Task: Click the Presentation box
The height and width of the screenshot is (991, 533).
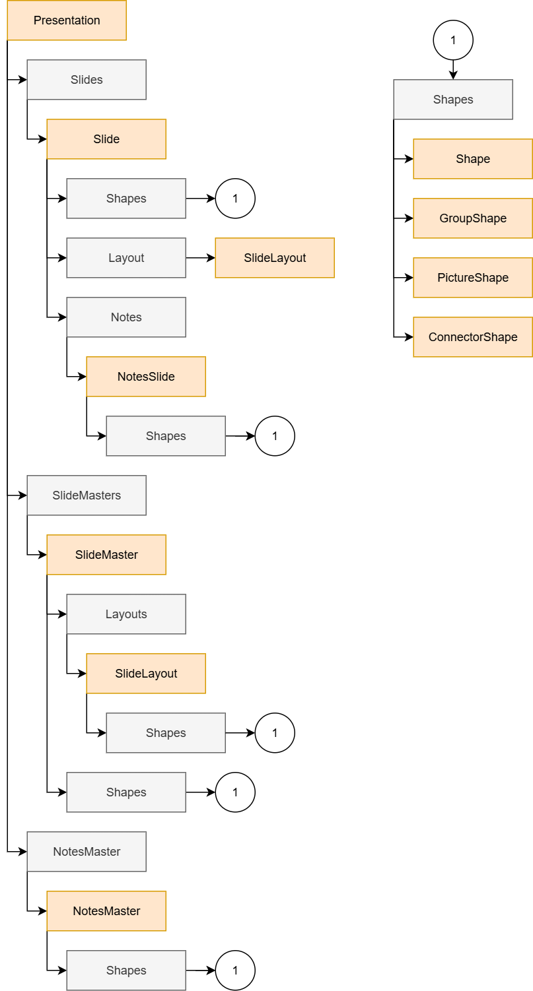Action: click(x=66, y=20)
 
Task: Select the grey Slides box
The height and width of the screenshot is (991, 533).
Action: click(x=86, y=80)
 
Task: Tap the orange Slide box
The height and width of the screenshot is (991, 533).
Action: click(x=106, y=139)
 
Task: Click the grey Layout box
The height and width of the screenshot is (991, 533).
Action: click(x=125, y=258)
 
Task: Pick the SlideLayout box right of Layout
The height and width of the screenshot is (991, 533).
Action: click(x=275, y=258)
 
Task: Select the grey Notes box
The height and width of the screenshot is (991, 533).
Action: click(x=125, y=317)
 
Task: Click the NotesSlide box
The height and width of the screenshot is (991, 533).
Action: click(x=145, y=377)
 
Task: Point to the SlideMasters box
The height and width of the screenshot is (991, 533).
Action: click(x=86, y=495)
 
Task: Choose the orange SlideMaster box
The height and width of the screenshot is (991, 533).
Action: click(x=106, y=555)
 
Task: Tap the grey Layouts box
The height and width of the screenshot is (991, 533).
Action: click(x=125, y=614)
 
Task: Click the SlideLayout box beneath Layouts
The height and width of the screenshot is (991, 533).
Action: click(x=145, y=674)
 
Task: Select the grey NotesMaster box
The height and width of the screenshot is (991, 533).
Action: click(x=86, y=852)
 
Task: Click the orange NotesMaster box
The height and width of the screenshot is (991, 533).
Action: click(x=106, y=911)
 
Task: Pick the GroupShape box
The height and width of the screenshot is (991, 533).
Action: click(x=472, y=218)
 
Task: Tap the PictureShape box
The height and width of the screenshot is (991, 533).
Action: click(x=472, y=278)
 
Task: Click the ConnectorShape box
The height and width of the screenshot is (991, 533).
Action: click(x=472, y=337)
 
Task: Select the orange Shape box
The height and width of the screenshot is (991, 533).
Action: click(x=472, y=159)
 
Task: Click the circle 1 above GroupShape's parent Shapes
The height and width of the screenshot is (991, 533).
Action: click(x=453, y=40)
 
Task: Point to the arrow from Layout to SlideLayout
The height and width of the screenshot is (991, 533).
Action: click(x=200, y=258)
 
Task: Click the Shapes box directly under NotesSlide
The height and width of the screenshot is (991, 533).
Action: click(x=165, y=436)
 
